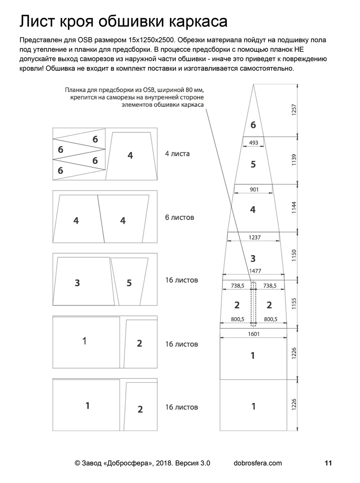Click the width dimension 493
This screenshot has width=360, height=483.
pyautogui.click(x=253, y=143)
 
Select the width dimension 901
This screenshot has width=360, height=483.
pyautogui.click(x=254, y=190)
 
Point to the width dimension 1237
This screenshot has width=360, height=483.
pyautogui.click(x=254, y=237)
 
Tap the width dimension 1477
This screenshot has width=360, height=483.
pyautogui.click(x=254, y=271)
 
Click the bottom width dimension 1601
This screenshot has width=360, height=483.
pyautogui.click(x=254, y=334)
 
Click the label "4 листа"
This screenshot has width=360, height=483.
pyautogui.click(x=177, y=154)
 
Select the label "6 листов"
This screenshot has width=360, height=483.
pyautogui.click(x=179, y=218)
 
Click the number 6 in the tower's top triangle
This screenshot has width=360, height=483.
pyautogui.click(x=253, y=125)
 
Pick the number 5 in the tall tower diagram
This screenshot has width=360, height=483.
pyautogui.click(x=253, y=164)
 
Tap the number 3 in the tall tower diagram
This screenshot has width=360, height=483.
pyautogui.click(x=253, y=258)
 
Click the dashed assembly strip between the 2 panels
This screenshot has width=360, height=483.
pyautogui.click(x=254, y=302)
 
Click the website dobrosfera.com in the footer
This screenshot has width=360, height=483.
pyautogui.click(x=258, y=463)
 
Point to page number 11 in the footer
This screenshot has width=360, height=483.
pyautogui.click(x=329, y=463)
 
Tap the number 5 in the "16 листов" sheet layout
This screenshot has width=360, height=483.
pyautogui.click(x=129, y=283)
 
